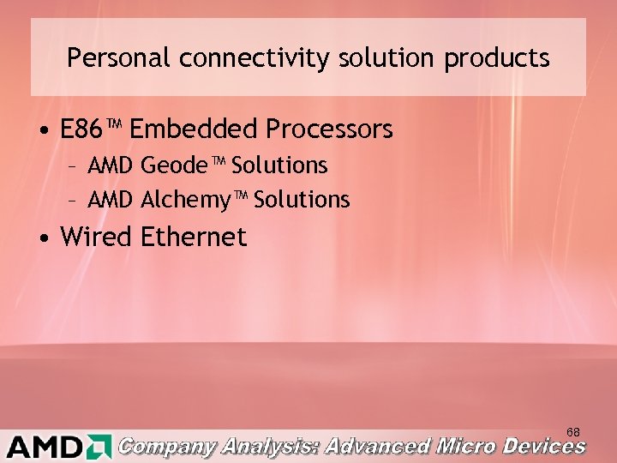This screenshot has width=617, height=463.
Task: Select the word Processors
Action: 329,130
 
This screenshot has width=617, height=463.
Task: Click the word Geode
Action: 176,164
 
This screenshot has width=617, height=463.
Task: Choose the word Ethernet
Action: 193,237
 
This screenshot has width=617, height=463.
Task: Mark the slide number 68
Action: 573,431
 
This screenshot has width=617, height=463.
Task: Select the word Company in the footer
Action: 165,447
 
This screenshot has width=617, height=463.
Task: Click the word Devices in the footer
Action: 545,447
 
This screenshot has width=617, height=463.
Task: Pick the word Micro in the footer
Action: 467,447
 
